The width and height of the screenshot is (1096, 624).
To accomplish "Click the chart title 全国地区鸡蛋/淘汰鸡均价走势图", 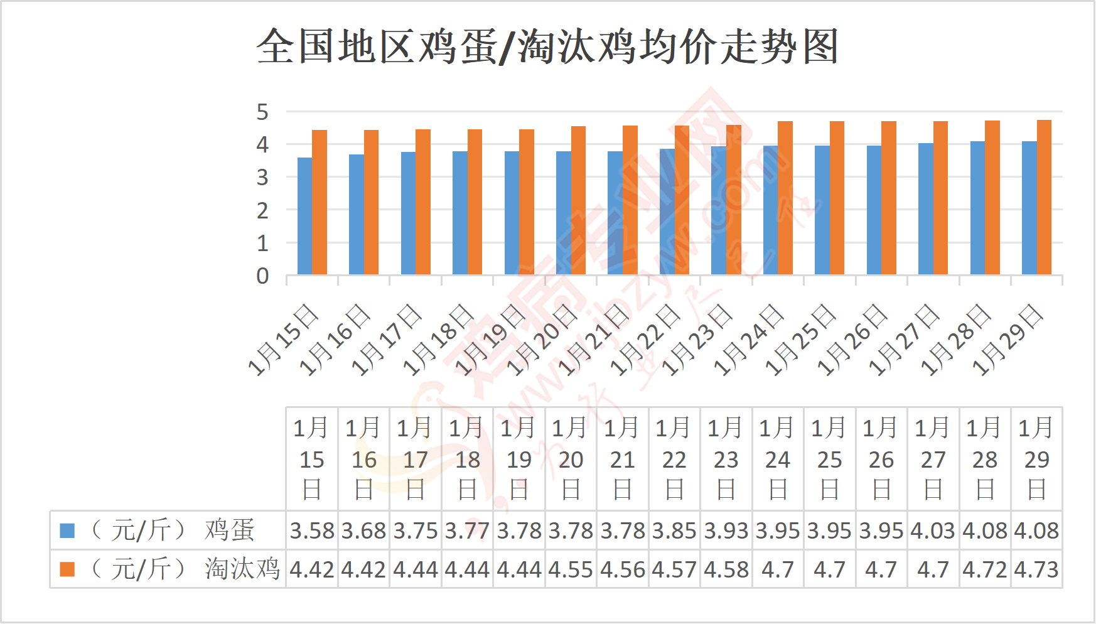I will click(x=547, y=47).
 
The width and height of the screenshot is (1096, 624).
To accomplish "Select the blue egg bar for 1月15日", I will click(x=304, y=216).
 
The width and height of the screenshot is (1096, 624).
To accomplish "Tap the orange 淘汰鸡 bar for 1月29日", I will click(x=1044, y=197).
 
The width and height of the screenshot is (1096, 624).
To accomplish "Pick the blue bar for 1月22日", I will click(x=667, y=212).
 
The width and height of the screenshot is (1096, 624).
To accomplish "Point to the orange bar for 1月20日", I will click(x=578, y=200).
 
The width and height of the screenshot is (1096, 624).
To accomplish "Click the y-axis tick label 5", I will click(x=262, y=112).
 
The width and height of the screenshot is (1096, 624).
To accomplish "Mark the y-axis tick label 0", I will click(x=262, y=276).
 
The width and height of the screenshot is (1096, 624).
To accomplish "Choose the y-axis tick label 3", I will click(x=262, y=178).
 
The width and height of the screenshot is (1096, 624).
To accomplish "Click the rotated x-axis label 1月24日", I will click(x=750, y=340).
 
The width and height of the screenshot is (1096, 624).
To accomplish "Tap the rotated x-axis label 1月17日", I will click(x=387, y=340).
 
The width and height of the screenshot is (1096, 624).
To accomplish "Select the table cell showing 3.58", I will click(x=312, y=531).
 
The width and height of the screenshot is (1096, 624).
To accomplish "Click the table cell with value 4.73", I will click(x=1036, y=570).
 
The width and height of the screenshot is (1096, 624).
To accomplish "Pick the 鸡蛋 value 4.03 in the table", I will click(x=933, y=531).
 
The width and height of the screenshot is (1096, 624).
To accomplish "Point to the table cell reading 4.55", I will click(x=571, y=570).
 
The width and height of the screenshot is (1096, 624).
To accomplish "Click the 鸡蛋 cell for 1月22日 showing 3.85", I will click(x=674, y=531).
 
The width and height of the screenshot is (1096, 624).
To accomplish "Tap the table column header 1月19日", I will click(x=519, y=459).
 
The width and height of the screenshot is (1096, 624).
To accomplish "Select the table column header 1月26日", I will click(x=881, y=459).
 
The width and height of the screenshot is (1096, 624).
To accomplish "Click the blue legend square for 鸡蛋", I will click(x=67, y=531).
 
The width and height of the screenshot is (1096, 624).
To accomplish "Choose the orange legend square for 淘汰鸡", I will click(x=67, y=569).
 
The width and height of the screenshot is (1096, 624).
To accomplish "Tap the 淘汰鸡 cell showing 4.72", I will click(x=985, y=570).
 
